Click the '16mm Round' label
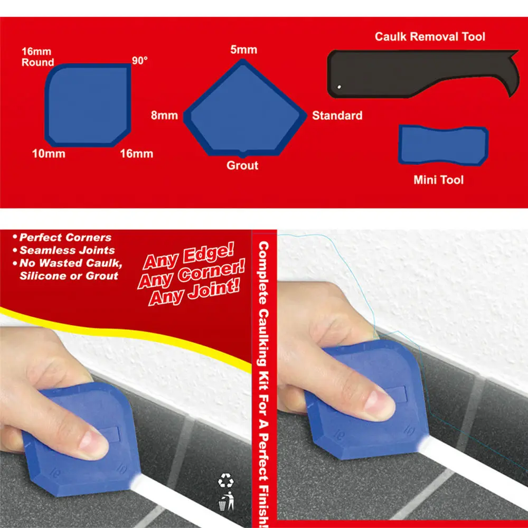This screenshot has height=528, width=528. coord(37,57)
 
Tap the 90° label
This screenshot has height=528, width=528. coord(140,61)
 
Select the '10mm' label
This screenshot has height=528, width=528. coord(48,154)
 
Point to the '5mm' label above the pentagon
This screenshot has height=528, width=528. coord(243,50)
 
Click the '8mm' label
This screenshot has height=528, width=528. coord(164,115)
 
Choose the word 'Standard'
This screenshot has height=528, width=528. coord(337,115)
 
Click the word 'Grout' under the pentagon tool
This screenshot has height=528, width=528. coord(242,165)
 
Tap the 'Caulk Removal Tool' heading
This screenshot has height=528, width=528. coord(430,36)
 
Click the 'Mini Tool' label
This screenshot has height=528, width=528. coord(438,180)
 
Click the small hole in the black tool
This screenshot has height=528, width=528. coord(340,87)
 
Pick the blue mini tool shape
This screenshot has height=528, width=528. coord(442,145)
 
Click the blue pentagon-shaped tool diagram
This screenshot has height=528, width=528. coord(243,111)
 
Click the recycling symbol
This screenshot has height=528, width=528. coord(225,480)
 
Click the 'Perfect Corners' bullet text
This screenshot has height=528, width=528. coord(65,238)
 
